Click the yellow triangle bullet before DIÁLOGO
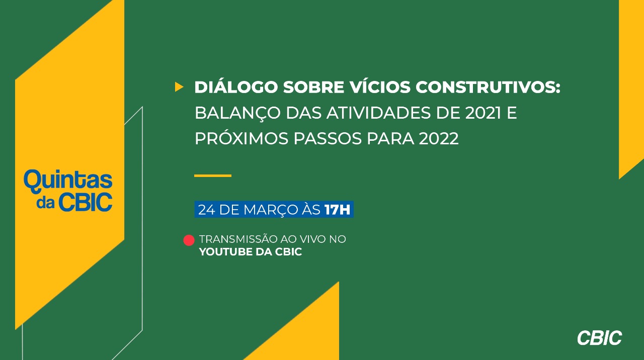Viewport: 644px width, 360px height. [179, 87]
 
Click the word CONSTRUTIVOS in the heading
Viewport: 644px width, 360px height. [488, 87]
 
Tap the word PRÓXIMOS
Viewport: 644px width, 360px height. [242, 138]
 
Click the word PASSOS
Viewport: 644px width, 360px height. [328, 139]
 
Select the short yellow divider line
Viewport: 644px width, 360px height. [213, 175]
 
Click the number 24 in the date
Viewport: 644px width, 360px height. [206, 210]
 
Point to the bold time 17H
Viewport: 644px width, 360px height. [337, 210]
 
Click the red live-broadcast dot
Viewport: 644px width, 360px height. [189, 240]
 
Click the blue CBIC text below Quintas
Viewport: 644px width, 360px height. [86, 202]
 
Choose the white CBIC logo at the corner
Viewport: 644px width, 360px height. [599, 337]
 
